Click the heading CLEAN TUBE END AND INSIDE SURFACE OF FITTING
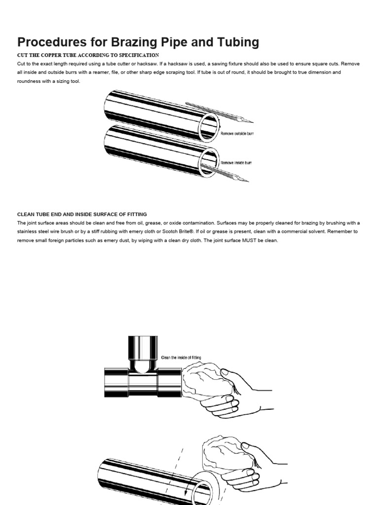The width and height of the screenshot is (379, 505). tap(82, 214)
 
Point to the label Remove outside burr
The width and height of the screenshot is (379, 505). tap(237, 134)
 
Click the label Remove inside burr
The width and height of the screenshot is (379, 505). tap(236, 163)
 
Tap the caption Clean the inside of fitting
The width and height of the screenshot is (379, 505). tap(181, 358)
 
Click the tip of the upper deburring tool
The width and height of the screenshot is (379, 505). tap(252, 121)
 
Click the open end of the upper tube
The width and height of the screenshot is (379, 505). tap(208, 127)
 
